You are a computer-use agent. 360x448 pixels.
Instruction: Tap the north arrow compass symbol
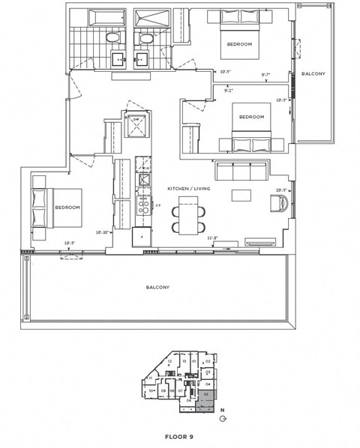click(x=222, y=419)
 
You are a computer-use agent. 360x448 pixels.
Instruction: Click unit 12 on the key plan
click(x=170, y=362)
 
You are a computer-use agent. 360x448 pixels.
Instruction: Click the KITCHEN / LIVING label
click(x=189, y=190)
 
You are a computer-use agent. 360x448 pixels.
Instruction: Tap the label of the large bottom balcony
click(x=157, y=287)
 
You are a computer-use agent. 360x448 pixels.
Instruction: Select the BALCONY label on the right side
click(x=312, y=74)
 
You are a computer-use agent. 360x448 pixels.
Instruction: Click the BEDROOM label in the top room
click(x=239, y=44)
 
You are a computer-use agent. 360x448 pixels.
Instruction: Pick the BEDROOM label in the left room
click(x=67, y=208)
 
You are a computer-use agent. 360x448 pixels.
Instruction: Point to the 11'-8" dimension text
click(x=212, y=238)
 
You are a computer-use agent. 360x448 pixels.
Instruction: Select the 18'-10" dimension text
click(x=103, y=232)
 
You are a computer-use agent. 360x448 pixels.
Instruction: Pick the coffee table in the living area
click(x=241, y=196)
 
